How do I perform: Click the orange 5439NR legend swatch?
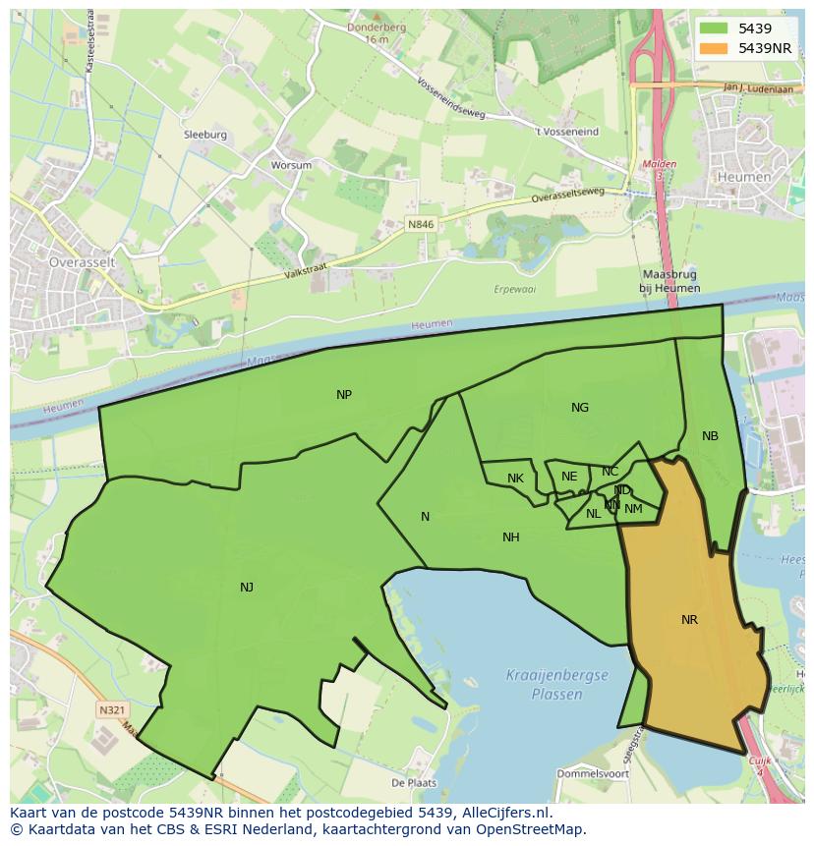[714, 48]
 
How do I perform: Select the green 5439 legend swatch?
[714, 28]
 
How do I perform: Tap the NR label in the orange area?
[689, 619]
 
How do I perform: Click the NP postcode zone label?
[344, 395]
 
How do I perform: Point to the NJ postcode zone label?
[247, 588]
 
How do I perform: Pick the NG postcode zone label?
[580, 408]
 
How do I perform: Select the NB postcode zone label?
[710, 436]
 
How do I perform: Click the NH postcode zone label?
[511, 537]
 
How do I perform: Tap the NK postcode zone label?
[515, 479]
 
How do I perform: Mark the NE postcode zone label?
[569, 477]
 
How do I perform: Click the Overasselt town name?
[83, 262]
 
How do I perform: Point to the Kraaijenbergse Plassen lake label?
[556, 684]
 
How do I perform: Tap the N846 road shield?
[421, 224]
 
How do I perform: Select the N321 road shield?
[111, 708]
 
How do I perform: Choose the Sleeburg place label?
[204, 135]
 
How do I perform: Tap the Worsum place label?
[291, 165]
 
